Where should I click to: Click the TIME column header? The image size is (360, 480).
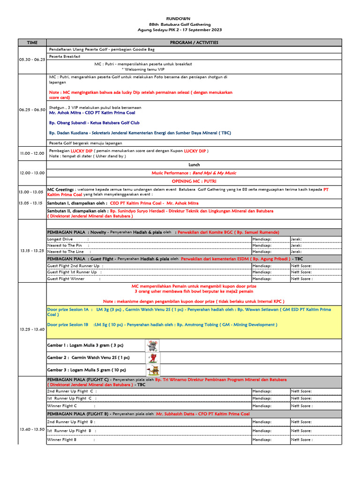(32, 42)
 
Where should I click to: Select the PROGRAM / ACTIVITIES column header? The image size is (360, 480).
(194, 42)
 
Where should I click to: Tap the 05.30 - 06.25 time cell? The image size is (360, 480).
(32, 60)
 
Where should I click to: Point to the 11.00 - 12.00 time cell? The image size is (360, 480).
(32, 153)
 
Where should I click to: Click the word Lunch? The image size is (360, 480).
(194, 165)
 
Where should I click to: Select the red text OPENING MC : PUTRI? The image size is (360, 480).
(194, 181)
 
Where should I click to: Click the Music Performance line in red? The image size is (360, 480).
(194, 173)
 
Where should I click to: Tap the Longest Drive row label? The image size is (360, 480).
(60, 239)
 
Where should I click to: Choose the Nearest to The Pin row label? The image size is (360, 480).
(65, 245)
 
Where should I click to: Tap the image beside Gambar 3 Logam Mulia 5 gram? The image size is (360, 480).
(153, 370)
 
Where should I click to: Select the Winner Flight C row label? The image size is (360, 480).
(62, 406)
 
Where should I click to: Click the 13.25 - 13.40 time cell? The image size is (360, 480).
(32, 330)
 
